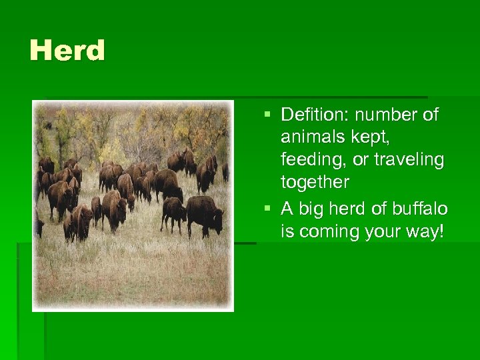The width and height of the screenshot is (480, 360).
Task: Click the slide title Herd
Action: click(67, 51)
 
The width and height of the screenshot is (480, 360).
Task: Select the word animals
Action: click(310, 137)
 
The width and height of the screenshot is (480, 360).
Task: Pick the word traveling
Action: click(408, 160)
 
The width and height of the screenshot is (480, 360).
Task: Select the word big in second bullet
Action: click(311, 209)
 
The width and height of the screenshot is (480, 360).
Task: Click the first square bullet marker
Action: click(268, 115)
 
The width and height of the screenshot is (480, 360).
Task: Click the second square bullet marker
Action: click(268, 209)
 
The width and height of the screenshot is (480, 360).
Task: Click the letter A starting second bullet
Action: click(287, 209)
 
